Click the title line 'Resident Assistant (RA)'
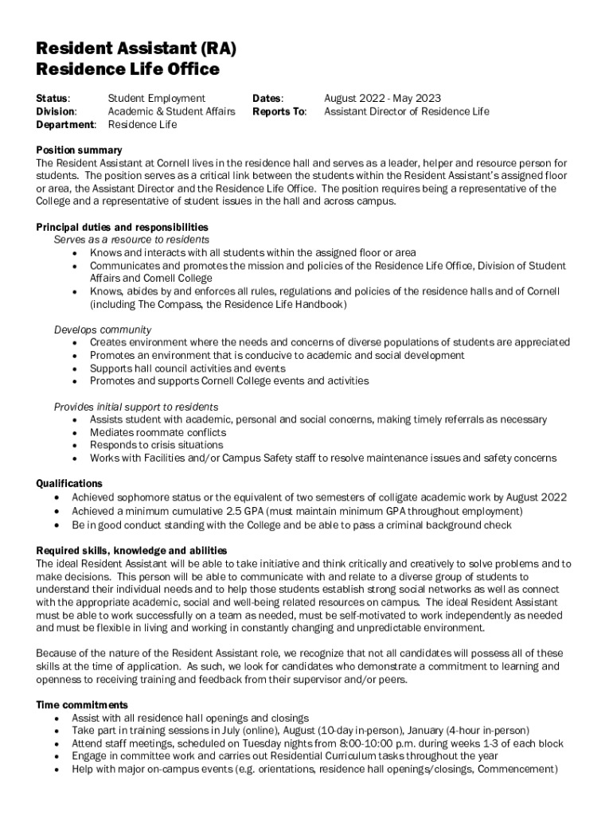coord(136,49)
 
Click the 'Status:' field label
coord(53,99)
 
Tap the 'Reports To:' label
coord(279,111)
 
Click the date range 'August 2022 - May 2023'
coord(382,99)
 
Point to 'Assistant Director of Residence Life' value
coord(406,111)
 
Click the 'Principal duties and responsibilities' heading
coord(123,227)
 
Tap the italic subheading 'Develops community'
coord(103,330)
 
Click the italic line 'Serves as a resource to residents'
coord(131,240)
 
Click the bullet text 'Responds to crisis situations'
coord(156,445)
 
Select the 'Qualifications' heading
coord(69,483)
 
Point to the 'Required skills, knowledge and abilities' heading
coord(131,551)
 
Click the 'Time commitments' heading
coord(82,705)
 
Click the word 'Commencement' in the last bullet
coord(517,770)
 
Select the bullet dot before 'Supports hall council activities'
coord(74,369)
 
